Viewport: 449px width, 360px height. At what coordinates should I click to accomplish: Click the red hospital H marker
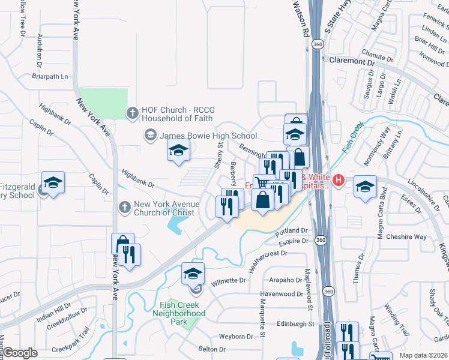(x=339, y=179)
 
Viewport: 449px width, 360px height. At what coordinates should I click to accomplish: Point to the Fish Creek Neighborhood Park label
(x=179, y=313)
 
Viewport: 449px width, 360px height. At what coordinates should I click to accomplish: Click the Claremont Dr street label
(x=351, y=61)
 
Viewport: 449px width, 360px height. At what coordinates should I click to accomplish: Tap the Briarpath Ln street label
(x=50, y=77)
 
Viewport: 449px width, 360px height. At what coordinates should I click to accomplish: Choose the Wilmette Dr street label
(x=228, y=281)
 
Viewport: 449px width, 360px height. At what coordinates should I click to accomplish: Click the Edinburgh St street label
(x=295, y=324)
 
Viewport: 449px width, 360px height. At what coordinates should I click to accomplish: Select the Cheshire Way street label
(x=406, y=237)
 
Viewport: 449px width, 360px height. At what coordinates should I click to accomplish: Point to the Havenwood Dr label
(x=282, y=294)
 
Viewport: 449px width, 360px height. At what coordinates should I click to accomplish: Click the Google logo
(x=20, y=353)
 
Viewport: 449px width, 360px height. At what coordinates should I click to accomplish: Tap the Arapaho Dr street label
(x=285, y=280)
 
